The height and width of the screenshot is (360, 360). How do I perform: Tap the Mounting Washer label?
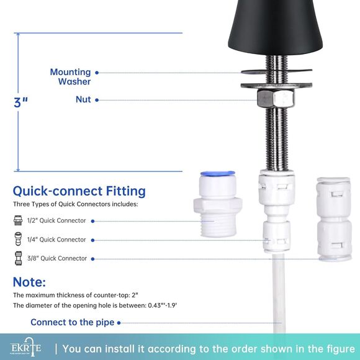pos(71,77)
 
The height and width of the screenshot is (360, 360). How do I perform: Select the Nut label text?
pos(83,99)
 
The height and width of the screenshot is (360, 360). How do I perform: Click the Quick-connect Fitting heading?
pos(79,191)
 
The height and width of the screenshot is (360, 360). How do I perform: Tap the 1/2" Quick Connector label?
pos(56,220)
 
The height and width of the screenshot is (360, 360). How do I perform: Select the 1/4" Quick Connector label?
pos(56,240)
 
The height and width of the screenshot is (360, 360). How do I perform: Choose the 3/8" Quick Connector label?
pos(56,258)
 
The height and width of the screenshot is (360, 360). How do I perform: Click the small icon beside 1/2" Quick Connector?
pos(18,220)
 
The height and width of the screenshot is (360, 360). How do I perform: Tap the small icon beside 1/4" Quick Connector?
pos(18,240)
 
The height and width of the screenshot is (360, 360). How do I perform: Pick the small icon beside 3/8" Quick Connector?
pos(18,258)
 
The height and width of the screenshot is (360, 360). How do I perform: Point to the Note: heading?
pos(29,282)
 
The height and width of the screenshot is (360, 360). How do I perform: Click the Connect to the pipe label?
pos(73,322)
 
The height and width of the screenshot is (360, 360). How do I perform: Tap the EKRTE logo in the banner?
pos(25,348)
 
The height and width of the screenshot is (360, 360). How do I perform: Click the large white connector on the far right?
pos(334,218)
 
